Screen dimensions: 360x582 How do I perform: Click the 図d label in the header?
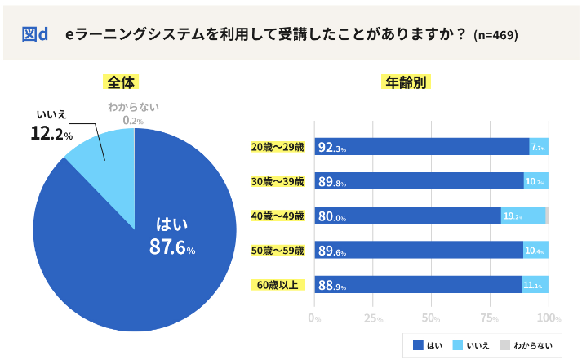pyautogui.click(x=34, y=34)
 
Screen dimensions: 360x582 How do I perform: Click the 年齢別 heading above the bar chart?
pyautogui.click(x=406, y=82)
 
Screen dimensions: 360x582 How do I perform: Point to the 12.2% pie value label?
pyautogui.click(x=51, y=134)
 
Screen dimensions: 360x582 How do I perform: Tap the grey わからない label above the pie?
pyautogui.click(x=133, y=107)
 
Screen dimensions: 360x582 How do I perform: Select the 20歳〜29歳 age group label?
pyautogui.click(x=277, y=147)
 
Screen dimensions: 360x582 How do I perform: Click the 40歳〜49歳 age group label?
pyautogui.click(x=277, y=216)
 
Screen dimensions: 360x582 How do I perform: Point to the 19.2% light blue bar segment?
pyautogui.click(x=522, y=216)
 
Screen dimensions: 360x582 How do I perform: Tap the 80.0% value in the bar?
pyautogui.click(x=332, y=216)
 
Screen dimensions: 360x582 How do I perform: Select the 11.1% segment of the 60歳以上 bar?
pyautogui.click(x=534, y=285)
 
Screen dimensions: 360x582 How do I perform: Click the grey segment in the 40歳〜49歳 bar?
pyautogui.click(x=547, y=216)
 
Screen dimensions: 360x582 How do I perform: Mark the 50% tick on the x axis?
pyautogui.click(x=432, y=318)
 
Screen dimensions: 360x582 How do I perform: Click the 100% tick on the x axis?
pyautogui.click(x=549, y=318)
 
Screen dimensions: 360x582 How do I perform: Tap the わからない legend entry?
pyautogui.click(x=526, y=345)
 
